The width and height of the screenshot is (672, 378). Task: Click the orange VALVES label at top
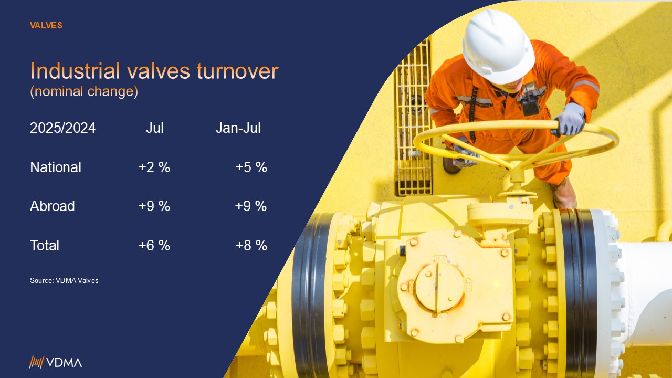point(46,26)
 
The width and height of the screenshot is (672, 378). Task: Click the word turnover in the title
point(238,71)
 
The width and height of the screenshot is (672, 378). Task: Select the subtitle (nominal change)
point(84,91)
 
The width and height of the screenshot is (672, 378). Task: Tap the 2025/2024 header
point(62,128)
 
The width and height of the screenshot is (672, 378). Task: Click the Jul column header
point(155,128)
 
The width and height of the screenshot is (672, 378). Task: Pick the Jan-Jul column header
point(238,128)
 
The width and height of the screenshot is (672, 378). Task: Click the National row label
point(56,167)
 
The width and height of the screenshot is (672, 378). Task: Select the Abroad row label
point(52,206)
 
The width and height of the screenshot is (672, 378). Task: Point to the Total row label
point(45,245)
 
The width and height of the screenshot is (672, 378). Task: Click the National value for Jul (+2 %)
point(154,167)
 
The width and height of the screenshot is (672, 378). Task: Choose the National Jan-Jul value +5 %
point(251,167)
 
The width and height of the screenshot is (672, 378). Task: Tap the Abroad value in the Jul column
point(154,206)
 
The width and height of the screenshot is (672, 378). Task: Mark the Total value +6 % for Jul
point(154,245)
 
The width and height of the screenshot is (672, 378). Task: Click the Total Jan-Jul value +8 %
point(251,245)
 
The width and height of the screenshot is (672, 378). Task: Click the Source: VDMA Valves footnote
point(64,280)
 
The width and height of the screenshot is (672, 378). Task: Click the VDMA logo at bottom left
point(55,362)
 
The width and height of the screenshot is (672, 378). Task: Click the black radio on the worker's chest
point(530,105)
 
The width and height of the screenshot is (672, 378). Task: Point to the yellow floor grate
point(413,117)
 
